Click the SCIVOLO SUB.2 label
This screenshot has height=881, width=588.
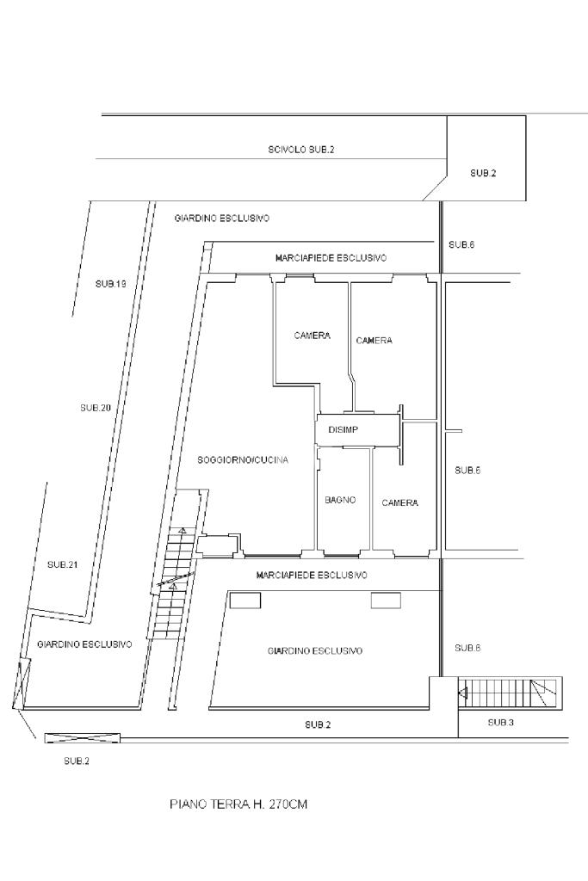click(x=300, y=150)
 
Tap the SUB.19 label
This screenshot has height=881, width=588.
click(x=110, y=284)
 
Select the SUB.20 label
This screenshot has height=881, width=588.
click(x=95, y=408)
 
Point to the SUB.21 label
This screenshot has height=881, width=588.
click(x=62, y=564)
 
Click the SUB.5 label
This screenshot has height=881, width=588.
click(x=467, y=471)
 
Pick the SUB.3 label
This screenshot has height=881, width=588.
click(x=500, y=723)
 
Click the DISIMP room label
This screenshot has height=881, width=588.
click(x=343, y=430)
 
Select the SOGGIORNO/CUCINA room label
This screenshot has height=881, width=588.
click(x=243, y=460)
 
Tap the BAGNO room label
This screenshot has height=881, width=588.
click(x=340, y=500)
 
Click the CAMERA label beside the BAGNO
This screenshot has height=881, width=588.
click(x=399, y=502)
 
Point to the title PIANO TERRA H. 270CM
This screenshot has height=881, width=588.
click(x=238, y=804)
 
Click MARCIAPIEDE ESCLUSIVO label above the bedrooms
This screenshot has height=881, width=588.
click(x=331, y=258)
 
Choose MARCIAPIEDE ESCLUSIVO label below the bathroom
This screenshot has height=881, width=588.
click(x=312, y=576)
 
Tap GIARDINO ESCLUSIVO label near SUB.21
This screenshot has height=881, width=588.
click(x=84, y=644)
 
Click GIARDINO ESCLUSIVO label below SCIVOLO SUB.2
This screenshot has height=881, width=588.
click(x=221, y=218)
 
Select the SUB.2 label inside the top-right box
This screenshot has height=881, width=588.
click(x=483, y=174)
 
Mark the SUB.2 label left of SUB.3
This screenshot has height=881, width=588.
click(x=318, y=724)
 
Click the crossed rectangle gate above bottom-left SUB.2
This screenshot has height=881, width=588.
click(x=82, y=738)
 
